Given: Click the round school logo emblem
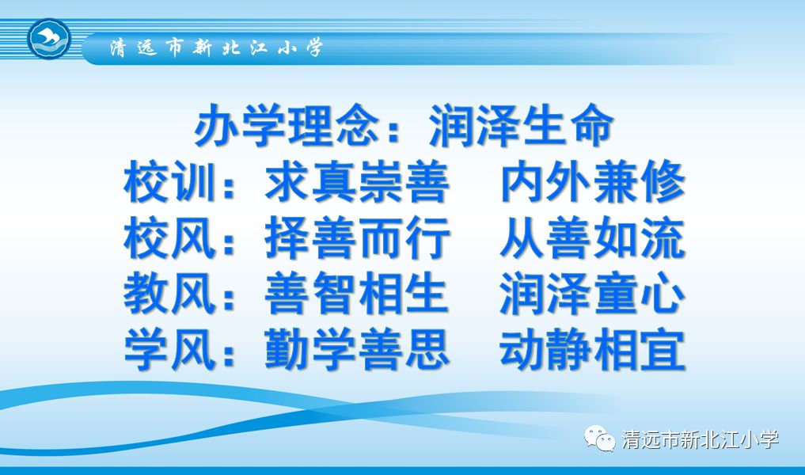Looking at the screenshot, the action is (49, 39).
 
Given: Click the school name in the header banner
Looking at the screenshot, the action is (216, 47).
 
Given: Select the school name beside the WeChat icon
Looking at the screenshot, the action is (700, 439).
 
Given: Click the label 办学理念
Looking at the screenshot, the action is (287, 125).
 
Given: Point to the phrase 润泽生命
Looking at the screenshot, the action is (521, 125).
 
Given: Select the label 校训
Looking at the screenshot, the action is (169, 181).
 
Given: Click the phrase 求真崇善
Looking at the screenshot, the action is (357, 181).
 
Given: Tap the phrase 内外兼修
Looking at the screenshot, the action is (592, 181).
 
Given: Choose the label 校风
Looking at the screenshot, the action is (169, 237).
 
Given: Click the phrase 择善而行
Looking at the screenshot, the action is (357, 237).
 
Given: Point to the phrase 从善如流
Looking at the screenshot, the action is (592, 237).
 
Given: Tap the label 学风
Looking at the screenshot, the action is (169, 350).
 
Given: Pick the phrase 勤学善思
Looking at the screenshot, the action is (357, 350).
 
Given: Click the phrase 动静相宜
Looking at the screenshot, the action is (592, 350).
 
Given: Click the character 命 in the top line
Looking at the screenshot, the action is (592, 125).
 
